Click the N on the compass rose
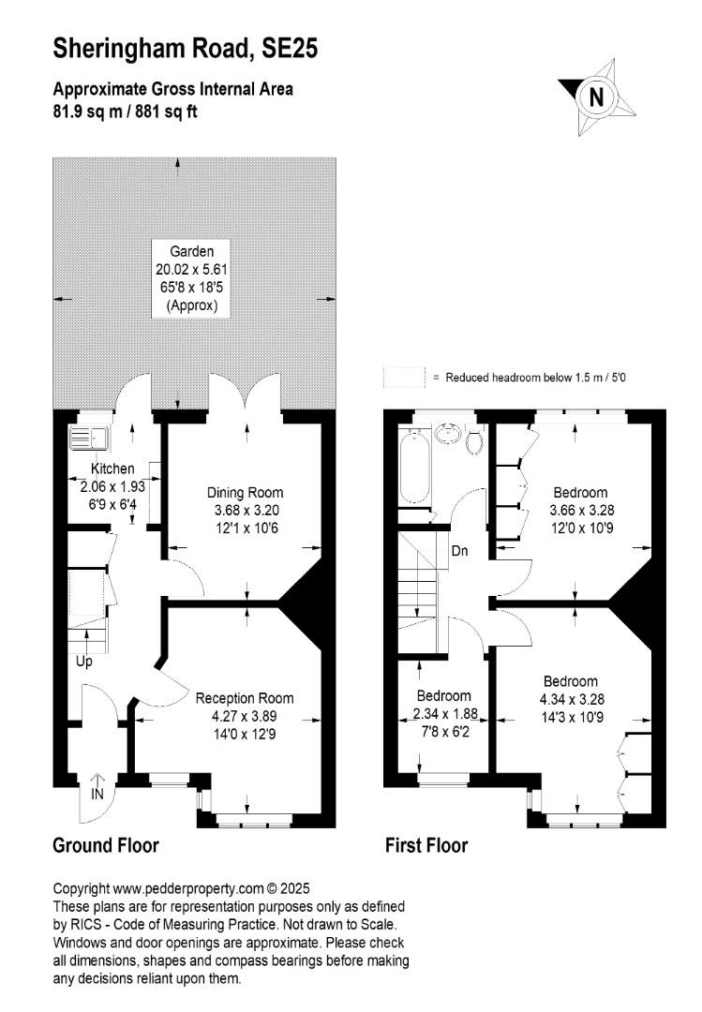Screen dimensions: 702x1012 click(x=597, y=97)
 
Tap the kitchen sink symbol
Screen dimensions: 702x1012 click(x=90, y=439)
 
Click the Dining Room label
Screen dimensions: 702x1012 click(x=245, y=493)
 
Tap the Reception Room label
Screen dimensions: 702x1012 click(x=245, y=698)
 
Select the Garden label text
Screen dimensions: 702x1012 click(x=192, y=251)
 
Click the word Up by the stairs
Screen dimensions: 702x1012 click(x=84, y=662)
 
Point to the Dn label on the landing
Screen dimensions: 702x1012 click(x=460, y=551)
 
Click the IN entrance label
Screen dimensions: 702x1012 click(x=97, y=794)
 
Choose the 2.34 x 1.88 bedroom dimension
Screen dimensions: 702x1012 click(x=445, y=714)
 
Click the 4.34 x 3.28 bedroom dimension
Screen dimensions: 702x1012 click(x=573, y=699)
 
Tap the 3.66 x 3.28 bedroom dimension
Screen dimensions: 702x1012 click(x=582, y=510)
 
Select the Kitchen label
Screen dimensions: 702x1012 click(x=112, y=469)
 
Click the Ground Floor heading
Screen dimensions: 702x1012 click(x=106, y=845)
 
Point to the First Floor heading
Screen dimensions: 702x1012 click(x=426, y=845)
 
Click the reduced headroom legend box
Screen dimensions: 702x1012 click(x=404, y=378)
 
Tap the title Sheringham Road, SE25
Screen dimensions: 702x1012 click(x=186, y=49)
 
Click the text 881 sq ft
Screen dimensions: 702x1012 click(x=166, y=112)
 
